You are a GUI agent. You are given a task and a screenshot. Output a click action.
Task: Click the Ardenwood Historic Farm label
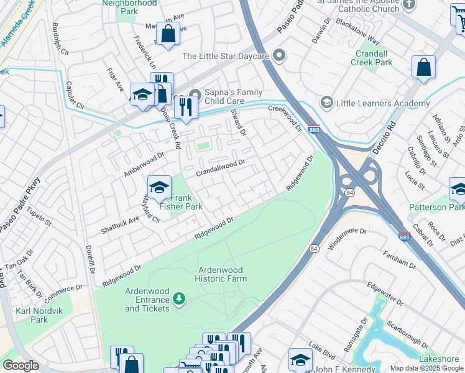(x=222, y=274)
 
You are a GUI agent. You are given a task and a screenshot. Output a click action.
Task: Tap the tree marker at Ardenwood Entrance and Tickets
(x=180, y=300)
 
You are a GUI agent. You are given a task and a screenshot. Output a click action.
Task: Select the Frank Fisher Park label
(x=181, y=202)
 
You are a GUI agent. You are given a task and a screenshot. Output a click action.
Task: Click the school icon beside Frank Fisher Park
(x=159, y=186)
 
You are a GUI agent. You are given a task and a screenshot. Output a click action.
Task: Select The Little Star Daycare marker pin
(x=279, y=56)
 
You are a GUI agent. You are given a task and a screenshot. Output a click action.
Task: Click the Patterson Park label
(x=436, y=207)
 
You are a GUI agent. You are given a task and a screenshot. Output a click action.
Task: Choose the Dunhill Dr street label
(x=90, y=260)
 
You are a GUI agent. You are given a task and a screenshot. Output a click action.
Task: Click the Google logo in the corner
(x=21, y=366)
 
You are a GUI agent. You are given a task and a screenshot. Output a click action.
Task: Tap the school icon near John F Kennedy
(x=300, y=359)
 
